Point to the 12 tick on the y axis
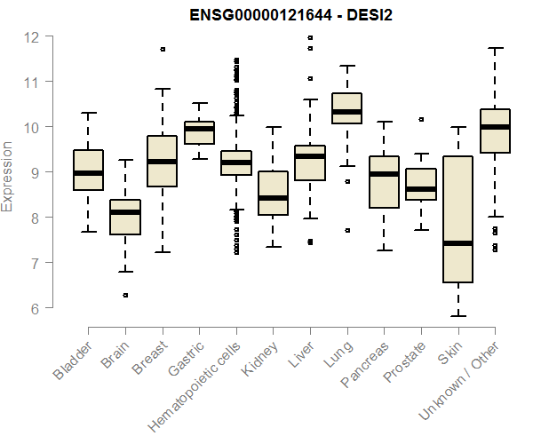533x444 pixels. tap(33, 36)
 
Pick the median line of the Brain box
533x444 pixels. tap(125, 212)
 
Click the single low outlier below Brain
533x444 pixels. tap(125, 295)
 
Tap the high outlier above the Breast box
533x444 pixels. tap(162, 50)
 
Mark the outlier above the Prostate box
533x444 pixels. tap(421, 119)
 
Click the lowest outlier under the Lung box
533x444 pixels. tap(346, 230)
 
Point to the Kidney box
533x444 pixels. tap(273, 193)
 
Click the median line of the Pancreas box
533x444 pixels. tap(384, 174)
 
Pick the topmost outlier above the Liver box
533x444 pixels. tap(309, 38)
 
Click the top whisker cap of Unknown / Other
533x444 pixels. tap(495, 48)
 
